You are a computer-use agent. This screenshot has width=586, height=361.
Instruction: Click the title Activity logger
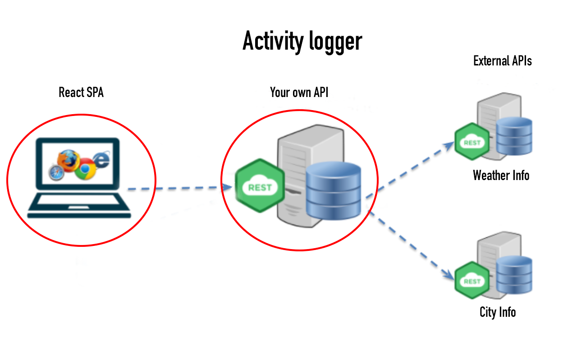tap(302, 42)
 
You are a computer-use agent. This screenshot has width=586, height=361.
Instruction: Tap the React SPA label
tap(81, 93)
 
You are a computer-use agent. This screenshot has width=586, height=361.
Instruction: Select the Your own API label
tap(299, 93)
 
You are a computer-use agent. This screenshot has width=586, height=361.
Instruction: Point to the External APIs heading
tap(502, 61)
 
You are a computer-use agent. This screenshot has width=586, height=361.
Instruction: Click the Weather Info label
tap(501, 175)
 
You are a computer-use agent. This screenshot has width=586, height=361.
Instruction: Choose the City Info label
tap(498, 312)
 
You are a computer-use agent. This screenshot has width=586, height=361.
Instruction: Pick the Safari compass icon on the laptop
tap(56, 172)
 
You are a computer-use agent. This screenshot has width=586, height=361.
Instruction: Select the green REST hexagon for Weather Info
tap(472, 142)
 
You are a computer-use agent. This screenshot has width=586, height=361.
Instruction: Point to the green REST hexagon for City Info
tap(472, 281)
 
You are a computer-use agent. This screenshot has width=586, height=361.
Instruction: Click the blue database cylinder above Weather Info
tap(514, 136)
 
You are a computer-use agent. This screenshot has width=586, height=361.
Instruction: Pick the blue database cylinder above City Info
tap(514, 274)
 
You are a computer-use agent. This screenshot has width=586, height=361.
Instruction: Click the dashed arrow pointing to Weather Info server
tap(410, 169)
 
